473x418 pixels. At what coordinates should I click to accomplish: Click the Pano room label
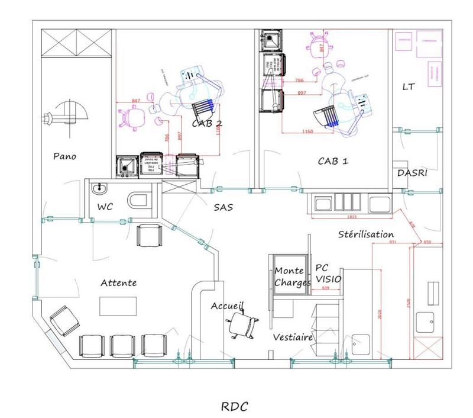(65, 157)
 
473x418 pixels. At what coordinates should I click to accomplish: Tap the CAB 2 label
(207, 124)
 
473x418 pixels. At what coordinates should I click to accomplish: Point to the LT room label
(409, 87)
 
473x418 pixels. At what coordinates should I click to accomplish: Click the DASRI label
(412, 173)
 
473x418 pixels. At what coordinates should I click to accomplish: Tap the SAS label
(223, 207)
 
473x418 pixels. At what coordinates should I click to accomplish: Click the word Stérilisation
(366, 234)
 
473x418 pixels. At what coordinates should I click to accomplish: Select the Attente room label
(118, 283)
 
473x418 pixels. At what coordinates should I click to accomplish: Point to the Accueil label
(228, 306)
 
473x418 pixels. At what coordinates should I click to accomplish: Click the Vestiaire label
(293, 337)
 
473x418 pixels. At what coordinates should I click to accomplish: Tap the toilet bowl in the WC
(140, 200)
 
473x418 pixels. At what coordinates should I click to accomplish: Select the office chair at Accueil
(242, 324)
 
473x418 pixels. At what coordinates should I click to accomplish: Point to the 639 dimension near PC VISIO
(325, 288)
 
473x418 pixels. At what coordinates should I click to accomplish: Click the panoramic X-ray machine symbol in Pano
(68, 114)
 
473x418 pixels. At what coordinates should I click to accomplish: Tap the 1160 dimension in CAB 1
(307, 131)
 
